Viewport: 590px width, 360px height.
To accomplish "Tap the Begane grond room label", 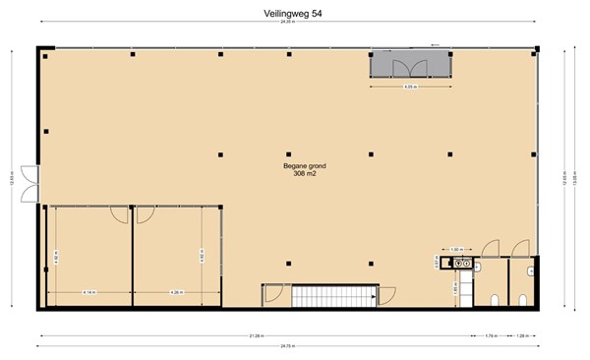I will tap(297, 166).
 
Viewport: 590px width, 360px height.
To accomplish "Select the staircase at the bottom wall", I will tap(320, 296).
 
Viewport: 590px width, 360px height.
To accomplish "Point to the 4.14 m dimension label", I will tap(89, 292).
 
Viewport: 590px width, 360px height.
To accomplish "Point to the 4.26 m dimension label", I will tap(177, 292).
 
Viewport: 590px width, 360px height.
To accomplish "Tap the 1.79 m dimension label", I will tap(490, 336).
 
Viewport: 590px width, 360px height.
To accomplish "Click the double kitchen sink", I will tap(456, 263).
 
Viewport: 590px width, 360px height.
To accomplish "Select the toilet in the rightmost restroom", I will tap(523, 298).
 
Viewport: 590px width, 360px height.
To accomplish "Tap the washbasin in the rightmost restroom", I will tap(531, 270).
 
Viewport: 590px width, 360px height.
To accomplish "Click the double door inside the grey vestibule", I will tap(404, 67).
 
